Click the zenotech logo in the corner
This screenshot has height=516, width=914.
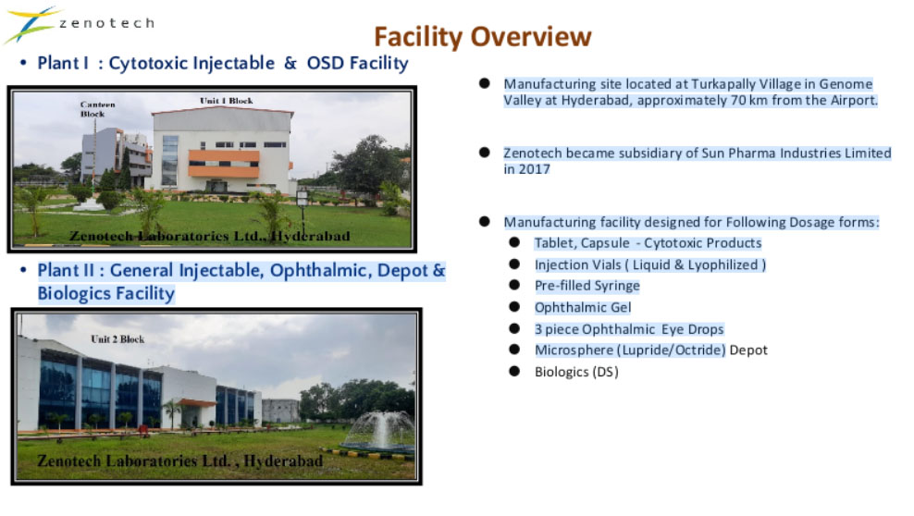(79, 24)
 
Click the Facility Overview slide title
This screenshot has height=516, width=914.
(483, 37)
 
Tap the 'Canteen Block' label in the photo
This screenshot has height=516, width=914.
(97, 109)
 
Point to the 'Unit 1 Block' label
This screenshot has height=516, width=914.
(226, 101)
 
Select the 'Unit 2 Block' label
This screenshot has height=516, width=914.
(117, 339)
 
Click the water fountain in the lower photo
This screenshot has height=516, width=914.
(379, 431)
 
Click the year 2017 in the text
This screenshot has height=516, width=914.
(535, 169)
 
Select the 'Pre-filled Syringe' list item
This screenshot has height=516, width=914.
(587, 286)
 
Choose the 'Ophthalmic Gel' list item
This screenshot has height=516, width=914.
(583, 308)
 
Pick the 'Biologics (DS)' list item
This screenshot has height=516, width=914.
(576, 372)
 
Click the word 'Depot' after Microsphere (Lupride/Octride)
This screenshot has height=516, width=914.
(748, 350)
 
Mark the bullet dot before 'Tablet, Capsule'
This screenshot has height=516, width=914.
(514, 242)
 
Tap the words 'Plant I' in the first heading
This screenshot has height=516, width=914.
(63, 63)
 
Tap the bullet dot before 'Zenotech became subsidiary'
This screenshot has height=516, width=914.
(485, 153)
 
